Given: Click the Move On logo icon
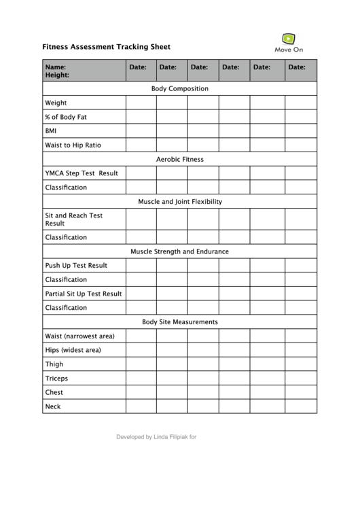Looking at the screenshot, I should pyautogui.click(x=289, y=39).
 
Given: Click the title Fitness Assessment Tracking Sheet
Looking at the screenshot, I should pyautogui.click(x=107, y=47).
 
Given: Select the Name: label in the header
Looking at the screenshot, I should pyautogui.click(x=56, y=67).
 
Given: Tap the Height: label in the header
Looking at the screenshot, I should pyautogui.click(x=57, y=75).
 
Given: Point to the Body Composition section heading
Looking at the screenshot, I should pyautogui.click(x=180, y=89).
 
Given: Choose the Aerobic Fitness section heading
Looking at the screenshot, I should pyautogui.click(x=180, y=160).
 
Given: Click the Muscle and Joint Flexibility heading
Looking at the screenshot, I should pyautogui.click(x=180, y=202).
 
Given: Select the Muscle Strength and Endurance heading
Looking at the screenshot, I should pyautogui.click(x=180, y=251).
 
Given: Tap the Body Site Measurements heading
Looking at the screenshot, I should pyautogui.click(x=180, y=322).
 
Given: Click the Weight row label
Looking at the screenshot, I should pyautogui.click(x=56, y=103).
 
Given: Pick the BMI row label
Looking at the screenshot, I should pyautogui.click(x=51, y=131).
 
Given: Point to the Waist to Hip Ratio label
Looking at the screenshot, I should pyautogui.click(x=74, y=145).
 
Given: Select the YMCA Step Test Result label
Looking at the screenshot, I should pyautogui.click(x=82, y=173).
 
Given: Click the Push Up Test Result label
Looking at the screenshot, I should pyautogui.click(x=76, y=266).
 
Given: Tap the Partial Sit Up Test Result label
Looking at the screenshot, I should pyautogui.click(x=84, y=294).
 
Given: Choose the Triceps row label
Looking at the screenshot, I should pyautogui.click(x=56, y=379).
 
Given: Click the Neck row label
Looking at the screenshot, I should pyautogui.click(x=53, y=406).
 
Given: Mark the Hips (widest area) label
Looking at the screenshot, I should pyautogui.click(x=73, y=350).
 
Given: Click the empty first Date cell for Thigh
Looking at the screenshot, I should pyautogui.click(x=141, y=364).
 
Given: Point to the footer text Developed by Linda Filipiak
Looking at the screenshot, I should pyautogui.click(x=156, y=438).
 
